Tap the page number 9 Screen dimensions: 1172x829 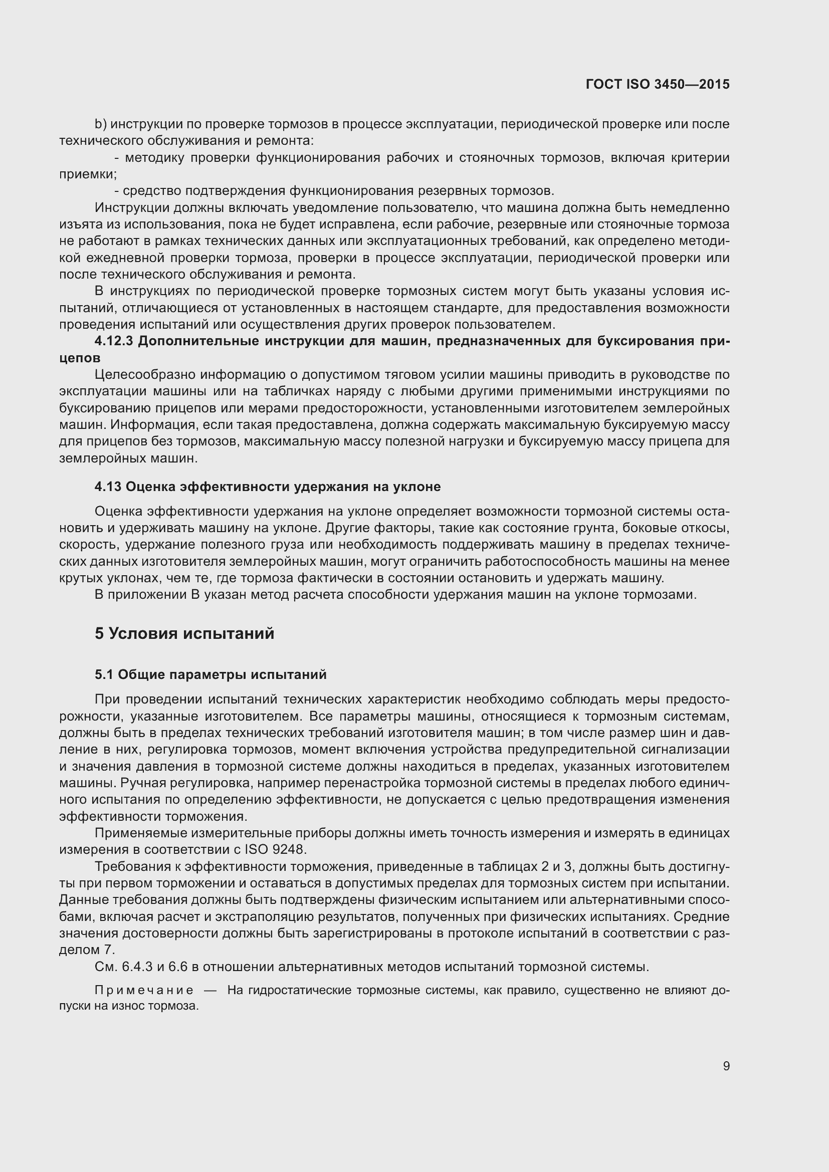726,1066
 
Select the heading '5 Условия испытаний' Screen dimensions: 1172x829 184,633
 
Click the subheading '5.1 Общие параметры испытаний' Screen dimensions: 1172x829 211,675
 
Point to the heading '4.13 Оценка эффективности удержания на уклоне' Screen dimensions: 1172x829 268,487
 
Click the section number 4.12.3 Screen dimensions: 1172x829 114,341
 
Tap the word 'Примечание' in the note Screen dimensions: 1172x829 144,990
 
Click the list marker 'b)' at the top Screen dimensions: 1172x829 101,124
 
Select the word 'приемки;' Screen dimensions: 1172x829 88,174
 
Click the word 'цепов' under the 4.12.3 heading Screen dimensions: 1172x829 80,358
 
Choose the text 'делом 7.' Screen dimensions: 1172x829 87,950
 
